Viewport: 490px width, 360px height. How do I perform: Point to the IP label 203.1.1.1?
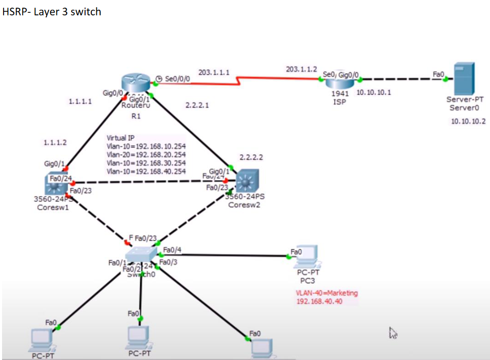(214, 73)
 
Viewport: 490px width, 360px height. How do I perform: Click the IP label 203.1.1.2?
(301, 69)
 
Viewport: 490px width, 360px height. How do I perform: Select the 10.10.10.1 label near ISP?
(373, 93)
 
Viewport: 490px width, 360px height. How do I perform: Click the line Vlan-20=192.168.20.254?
(146, 155)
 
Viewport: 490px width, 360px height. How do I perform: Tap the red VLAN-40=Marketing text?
(326, 293)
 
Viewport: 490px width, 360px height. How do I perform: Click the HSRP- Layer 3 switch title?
(52, 12)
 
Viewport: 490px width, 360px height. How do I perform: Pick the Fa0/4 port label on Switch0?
(172, 250)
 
